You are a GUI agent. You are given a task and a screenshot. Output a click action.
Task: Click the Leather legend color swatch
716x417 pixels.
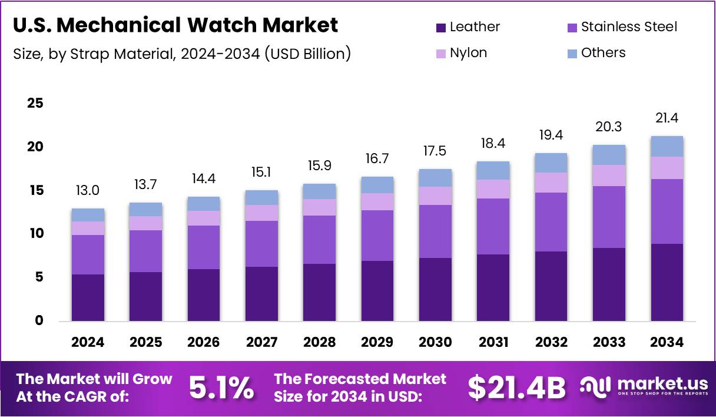click(x=441, y=28)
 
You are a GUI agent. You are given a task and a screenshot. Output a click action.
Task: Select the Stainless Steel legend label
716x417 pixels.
click(x=629, y=27)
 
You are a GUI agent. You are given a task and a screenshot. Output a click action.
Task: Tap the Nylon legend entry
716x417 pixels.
click(x=468, y=53)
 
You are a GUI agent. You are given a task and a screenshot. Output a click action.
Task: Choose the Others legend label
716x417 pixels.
click(x=603, y=53)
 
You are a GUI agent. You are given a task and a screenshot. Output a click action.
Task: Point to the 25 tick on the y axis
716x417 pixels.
click(x=35, y=103)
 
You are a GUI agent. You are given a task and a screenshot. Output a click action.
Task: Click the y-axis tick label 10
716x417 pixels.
click(x=35, y=234)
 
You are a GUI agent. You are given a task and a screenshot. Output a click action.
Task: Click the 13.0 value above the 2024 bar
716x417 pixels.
click(x=88, y=191)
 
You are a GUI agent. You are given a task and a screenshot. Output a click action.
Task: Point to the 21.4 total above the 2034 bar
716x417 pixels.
click(x=667, y=118)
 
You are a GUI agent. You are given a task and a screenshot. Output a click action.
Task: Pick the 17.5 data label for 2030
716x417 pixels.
click(x=435, y=151)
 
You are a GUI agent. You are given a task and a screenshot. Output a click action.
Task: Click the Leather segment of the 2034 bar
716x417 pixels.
click(x=667, y=282)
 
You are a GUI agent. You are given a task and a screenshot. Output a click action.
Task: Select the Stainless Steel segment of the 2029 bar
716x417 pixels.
click(x=377, y=236)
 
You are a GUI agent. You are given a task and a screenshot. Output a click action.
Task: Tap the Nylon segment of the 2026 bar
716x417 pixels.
click(x=204, y=218)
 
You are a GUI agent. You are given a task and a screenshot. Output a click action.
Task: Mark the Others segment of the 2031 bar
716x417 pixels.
click(x=493, y=170)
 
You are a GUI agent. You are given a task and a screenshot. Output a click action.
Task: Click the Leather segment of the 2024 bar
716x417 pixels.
click(x=88, y=297)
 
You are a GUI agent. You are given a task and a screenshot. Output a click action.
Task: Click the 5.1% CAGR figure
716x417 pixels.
click(x=221, y=388)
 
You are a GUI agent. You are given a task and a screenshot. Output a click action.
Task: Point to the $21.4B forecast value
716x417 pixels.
click(x=517, y=388)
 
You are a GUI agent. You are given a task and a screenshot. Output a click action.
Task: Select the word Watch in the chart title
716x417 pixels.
click(x=223, y=25)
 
